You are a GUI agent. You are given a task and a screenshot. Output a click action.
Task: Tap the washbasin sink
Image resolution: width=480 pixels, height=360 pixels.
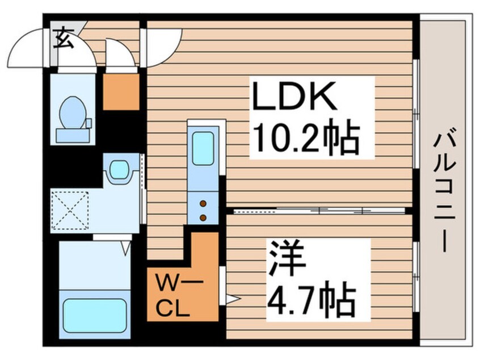(x=119, y=169)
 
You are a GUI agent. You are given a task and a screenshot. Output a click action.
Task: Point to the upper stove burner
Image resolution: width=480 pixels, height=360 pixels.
(x=203, y=204)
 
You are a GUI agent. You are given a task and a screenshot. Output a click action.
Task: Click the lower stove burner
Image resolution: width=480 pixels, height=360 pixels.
(x=203, y=216)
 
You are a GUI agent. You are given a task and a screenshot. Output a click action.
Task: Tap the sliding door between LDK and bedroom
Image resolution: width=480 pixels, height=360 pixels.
(x=318, y=210)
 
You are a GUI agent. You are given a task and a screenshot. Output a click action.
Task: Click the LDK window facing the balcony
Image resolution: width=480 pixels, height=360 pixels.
(x=416, y=114)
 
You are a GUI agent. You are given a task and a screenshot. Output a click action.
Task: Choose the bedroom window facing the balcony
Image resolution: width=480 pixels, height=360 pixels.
(x=416, y=275)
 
